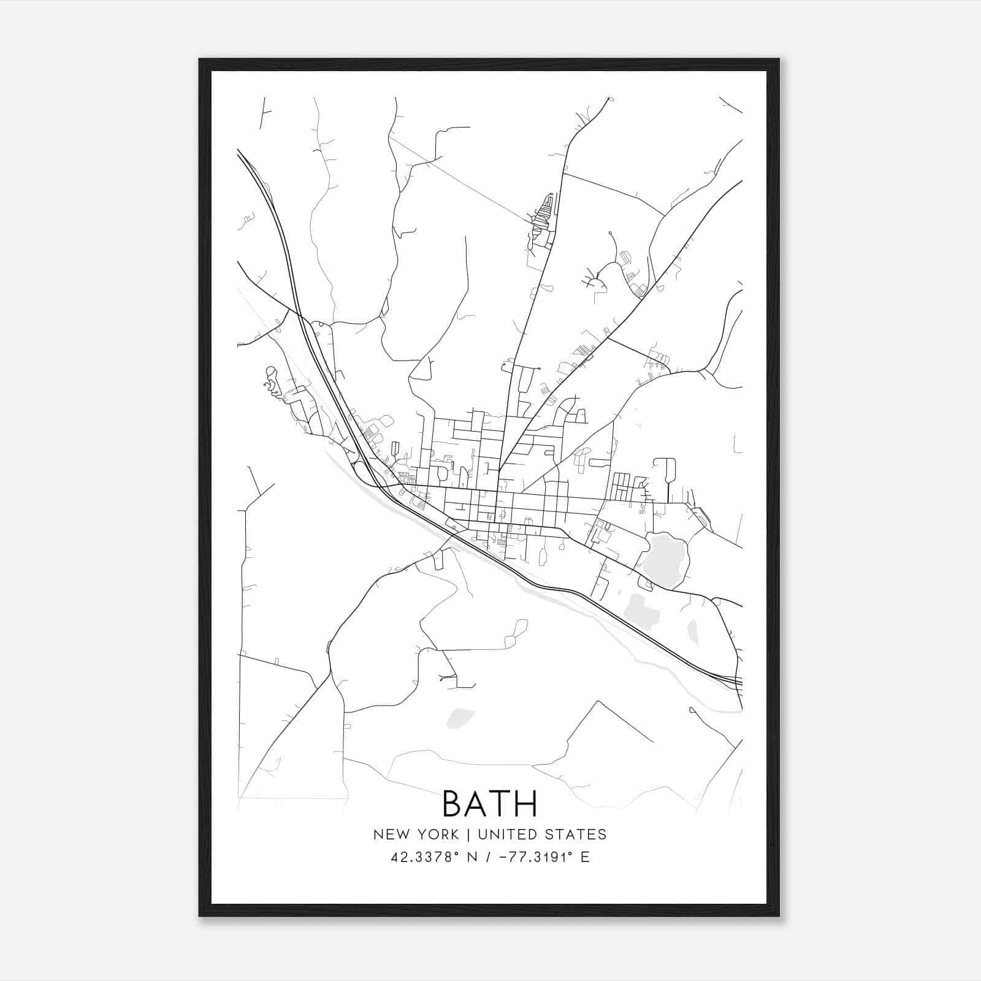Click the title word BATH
coord(489,803)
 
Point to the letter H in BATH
coord(526,803)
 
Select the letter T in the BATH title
coord(501,803)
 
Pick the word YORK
coord(437,834)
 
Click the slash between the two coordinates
coord(487,857)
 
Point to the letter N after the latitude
coord(472,857)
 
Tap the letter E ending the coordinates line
coord(585,857)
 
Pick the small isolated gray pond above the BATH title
coord(460,717)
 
